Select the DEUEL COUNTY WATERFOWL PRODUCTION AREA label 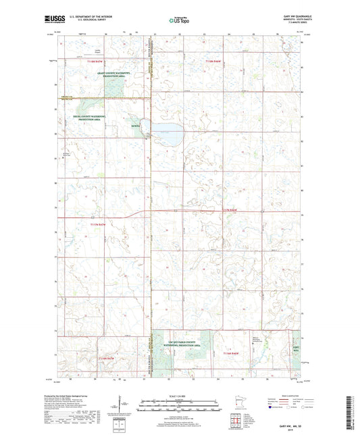pyautogui.click(x=95, y=116)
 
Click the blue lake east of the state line pyautogui.click(x=168, y=133)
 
